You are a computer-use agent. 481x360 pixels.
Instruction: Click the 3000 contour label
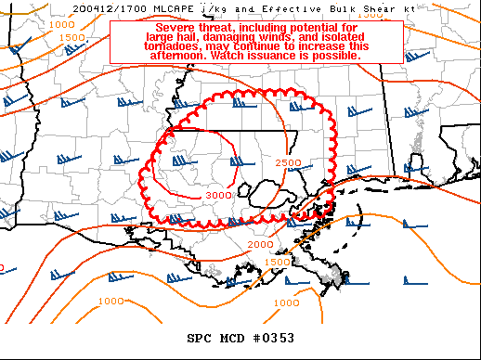tap(218, 195)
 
